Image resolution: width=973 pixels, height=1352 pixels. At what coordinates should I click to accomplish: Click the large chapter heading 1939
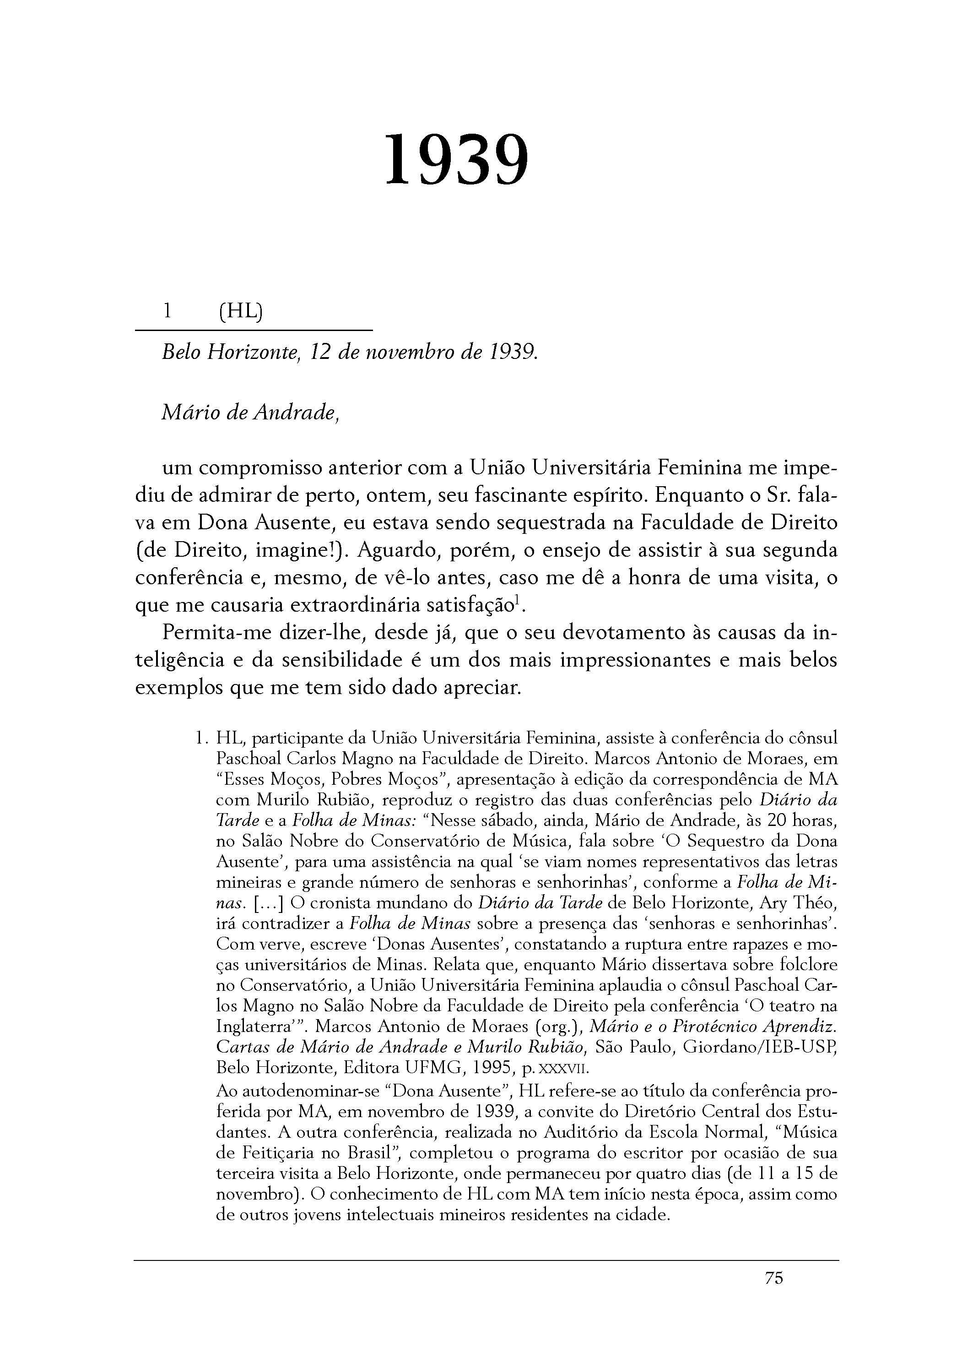click(x=456, y=160)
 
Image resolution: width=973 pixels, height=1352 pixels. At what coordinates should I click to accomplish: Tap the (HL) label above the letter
click(x=240, y=311)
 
